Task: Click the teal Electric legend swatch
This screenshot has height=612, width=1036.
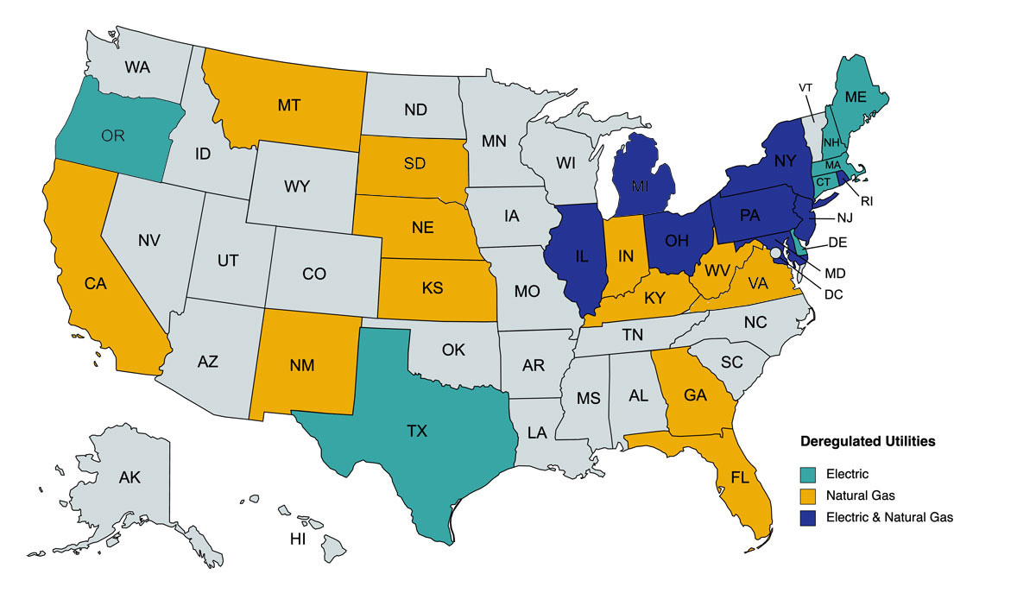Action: tap(809, 474)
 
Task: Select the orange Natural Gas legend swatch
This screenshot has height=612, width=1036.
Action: tap(809, 496)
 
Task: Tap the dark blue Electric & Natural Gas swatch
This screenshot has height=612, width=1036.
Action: tap(809, 518)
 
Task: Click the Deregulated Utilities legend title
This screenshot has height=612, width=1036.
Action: tap(868, 441)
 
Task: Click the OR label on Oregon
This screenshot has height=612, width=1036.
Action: tap(112, 136)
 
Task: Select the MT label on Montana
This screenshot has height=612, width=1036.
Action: tap(289, 105)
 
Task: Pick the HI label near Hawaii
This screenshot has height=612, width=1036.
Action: tap(298, 540)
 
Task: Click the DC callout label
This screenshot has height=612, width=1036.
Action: tap(833, 293)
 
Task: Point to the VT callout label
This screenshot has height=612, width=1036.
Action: tap(805, 88)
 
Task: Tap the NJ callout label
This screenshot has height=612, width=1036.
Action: tap(844, 218)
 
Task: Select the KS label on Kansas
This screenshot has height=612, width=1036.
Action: tap(434, 287)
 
